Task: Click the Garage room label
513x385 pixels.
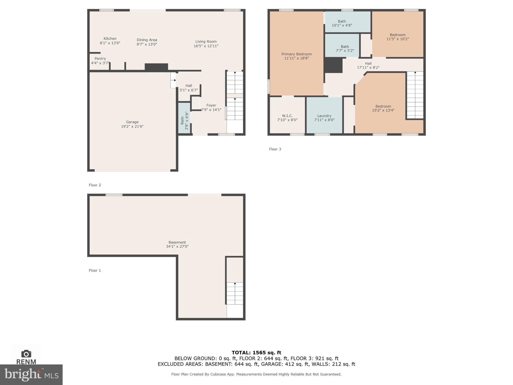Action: point(132,122)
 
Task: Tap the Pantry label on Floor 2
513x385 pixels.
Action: point(100,58)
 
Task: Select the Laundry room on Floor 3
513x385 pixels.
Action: point(324,116)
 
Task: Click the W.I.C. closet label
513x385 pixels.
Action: point(287,116)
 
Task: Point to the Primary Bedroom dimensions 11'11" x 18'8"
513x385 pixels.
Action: point(297,58)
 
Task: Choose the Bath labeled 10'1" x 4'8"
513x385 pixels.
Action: point(342,23)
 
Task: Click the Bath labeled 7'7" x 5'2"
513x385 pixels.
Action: point(345,49)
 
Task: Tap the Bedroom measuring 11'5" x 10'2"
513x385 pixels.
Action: point(398,37)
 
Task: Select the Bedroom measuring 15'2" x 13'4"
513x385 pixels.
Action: point(383,108)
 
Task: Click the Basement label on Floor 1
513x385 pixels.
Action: point(177,242)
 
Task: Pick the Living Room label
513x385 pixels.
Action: point(206,42)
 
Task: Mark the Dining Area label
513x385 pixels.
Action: point(147,40)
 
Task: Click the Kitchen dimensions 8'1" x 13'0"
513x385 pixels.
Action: point(110,43)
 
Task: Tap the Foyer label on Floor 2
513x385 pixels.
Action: point(211,105)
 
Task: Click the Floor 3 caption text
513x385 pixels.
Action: point(275,149)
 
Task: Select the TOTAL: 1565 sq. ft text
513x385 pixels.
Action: point(256,353)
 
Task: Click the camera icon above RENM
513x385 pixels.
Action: point(26,354)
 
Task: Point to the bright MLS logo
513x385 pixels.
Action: point(31,374)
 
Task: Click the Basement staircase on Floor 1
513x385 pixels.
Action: point(235,293)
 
